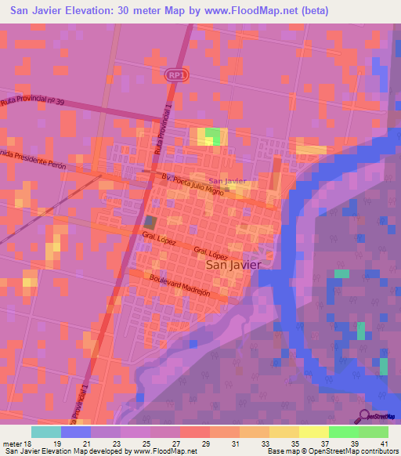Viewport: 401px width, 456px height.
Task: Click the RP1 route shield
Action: (x=175, y=73)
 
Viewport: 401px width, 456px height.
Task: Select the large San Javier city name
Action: (x=233, y=265)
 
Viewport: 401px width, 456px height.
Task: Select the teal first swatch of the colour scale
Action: (x=46, y=432)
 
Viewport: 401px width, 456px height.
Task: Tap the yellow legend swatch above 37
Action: (x=314, y=432)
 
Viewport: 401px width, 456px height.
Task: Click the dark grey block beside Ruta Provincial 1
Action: (x=150, y=223)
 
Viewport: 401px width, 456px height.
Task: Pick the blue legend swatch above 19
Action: (x=76, y=432)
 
